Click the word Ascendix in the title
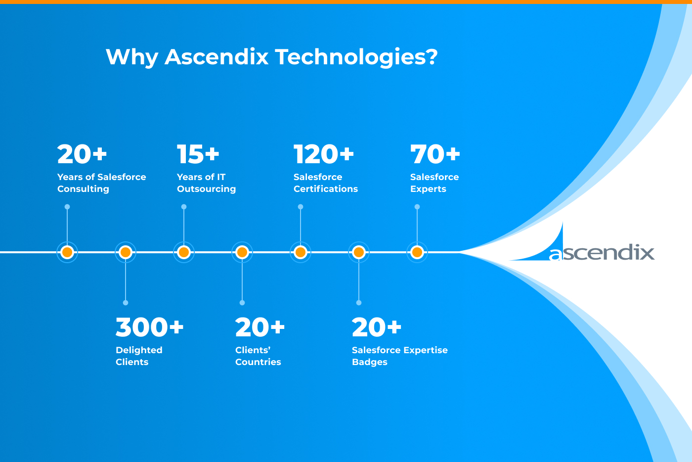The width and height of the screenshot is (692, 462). (216, 57)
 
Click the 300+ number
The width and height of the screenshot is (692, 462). (149, 327)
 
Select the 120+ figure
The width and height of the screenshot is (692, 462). (324, 154)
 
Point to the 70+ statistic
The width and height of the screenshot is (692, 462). (435, 154)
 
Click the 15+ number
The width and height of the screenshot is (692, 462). (198, 154)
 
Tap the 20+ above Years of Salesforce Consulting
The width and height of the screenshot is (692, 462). (82, 154)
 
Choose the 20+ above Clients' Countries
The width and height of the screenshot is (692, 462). (260, 327)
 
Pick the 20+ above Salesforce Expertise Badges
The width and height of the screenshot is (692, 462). (377, 327)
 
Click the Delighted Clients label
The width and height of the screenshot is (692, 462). (139, 356)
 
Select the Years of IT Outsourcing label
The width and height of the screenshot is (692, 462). (206, 183)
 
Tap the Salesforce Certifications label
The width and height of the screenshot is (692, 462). (325, 183)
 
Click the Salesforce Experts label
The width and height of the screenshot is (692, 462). (434, 183)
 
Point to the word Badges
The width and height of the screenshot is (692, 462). (369, 362)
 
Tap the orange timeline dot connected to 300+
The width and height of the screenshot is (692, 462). (126, 252)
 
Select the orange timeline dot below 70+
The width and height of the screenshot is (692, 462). (417, 252)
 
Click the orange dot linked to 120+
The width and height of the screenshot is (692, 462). (301, 252)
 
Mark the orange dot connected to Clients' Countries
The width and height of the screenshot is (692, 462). (242, 252)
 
